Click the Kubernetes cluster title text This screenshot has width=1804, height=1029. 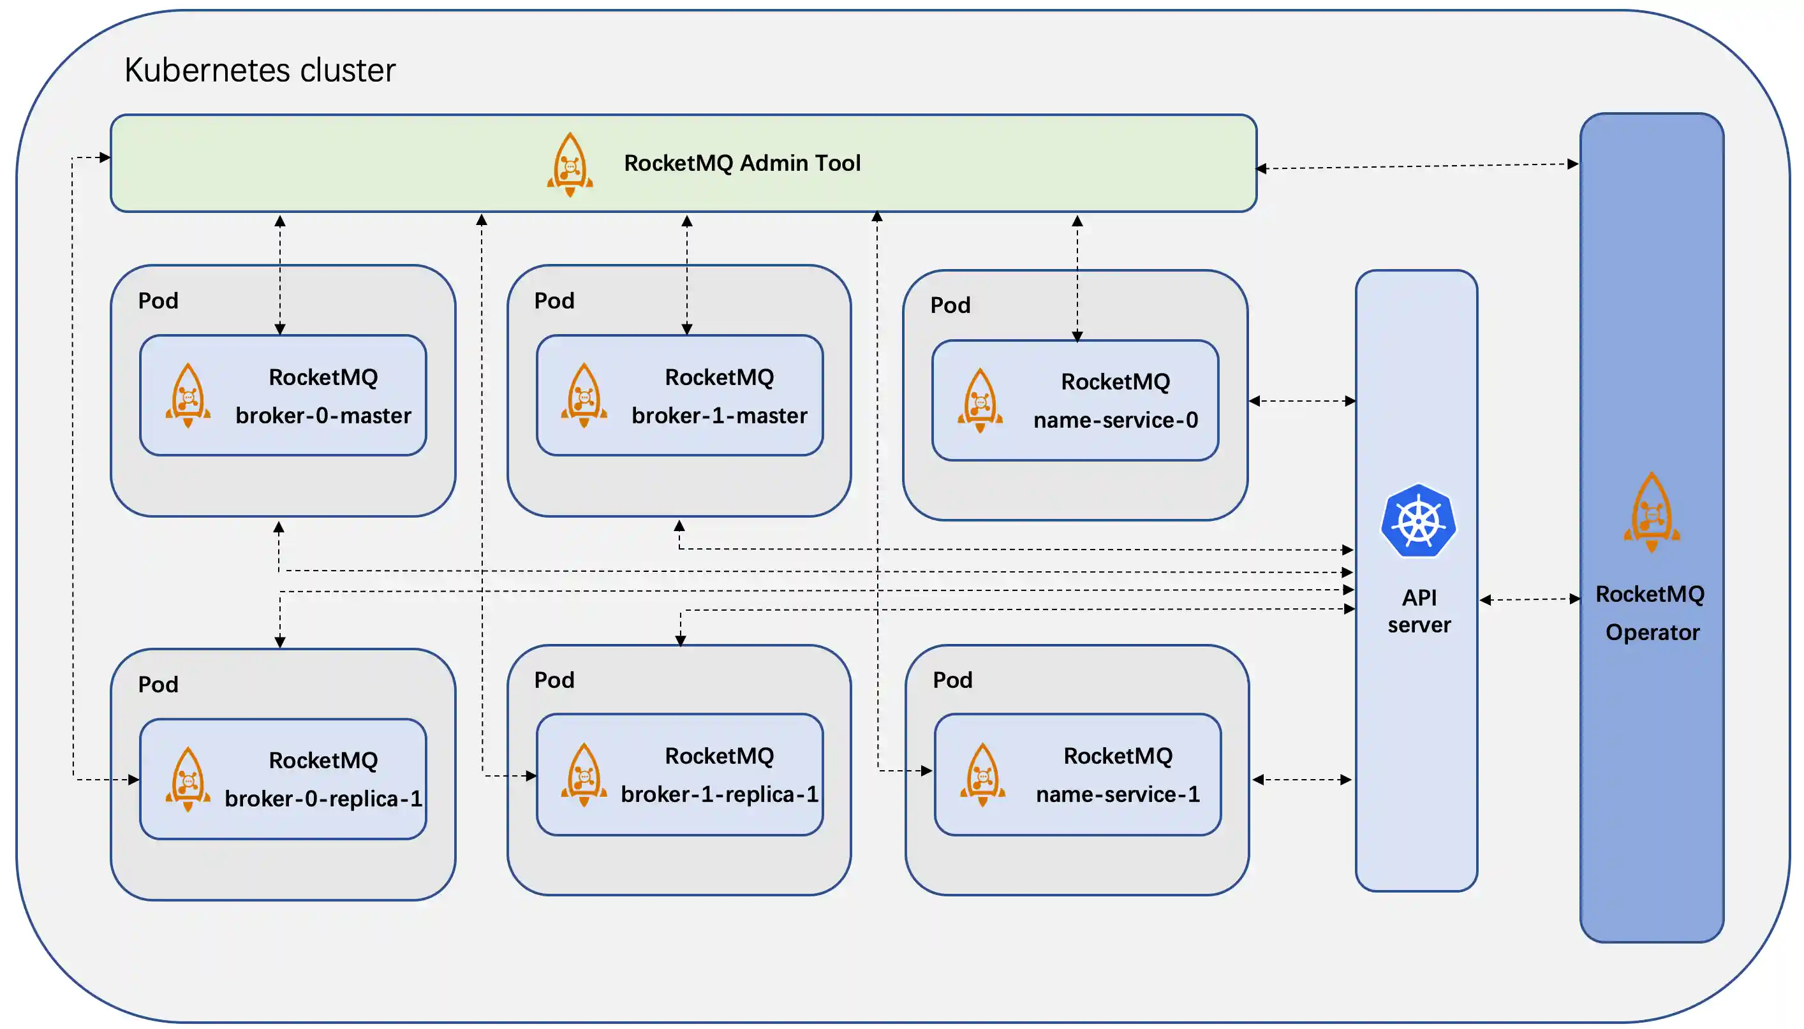[x=260, y=70]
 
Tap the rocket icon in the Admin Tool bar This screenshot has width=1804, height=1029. [x=570, y=164]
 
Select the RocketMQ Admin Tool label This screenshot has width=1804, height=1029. [x=741, y=163]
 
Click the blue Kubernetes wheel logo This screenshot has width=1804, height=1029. [x=1418, y=521]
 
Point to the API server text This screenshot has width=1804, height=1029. [x=1419, y=611]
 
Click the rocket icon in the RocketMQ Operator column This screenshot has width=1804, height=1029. [x=1652, y=512]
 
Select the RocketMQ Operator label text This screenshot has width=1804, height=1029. [x=1651, y=613]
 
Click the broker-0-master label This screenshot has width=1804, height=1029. [x=323, y=416]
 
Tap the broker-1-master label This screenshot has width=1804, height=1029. [x=719, y=416]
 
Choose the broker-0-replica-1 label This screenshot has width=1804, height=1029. [x=323, y=799]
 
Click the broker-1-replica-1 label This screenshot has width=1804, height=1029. [x=719, y=794]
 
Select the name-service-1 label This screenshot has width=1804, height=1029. [x=1118, y=794]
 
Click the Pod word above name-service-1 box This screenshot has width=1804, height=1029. [x=952, y=680]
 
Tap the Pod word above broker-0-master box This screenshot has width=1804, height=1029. [x=158, y=301]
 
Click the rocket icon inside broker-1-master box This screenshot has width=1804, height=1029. [x=584, y=395]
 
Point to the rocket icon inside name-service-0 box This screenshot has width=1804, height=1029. [x=980, y=400]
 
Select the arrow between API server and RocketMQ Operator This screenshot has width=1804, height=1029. [x=1529, y=599]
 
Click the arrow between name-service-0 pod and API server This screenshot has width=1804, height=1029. [x=1301, y=401]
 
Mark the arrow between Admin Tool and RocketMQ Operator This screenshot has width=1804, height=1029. [x=1417, y=166]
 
